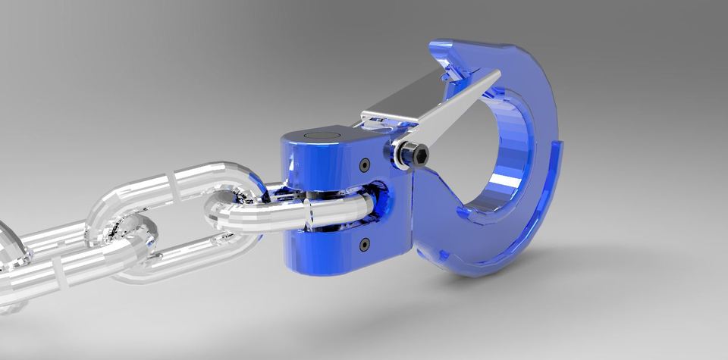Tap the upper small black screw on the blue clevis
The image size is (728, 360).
[x=365, y=164]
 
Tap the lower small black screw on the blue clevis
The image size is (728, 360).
[x=365, y=244]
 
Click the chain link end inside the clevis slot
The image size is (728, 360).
[x=356, y=208]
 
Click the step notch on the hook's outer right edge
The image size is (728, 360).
[x=560, y=144]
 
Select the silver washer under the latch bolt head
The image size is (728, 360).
[x=400, y=155]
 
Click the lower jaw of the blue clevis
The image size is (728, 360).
[x=326, y=250]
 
